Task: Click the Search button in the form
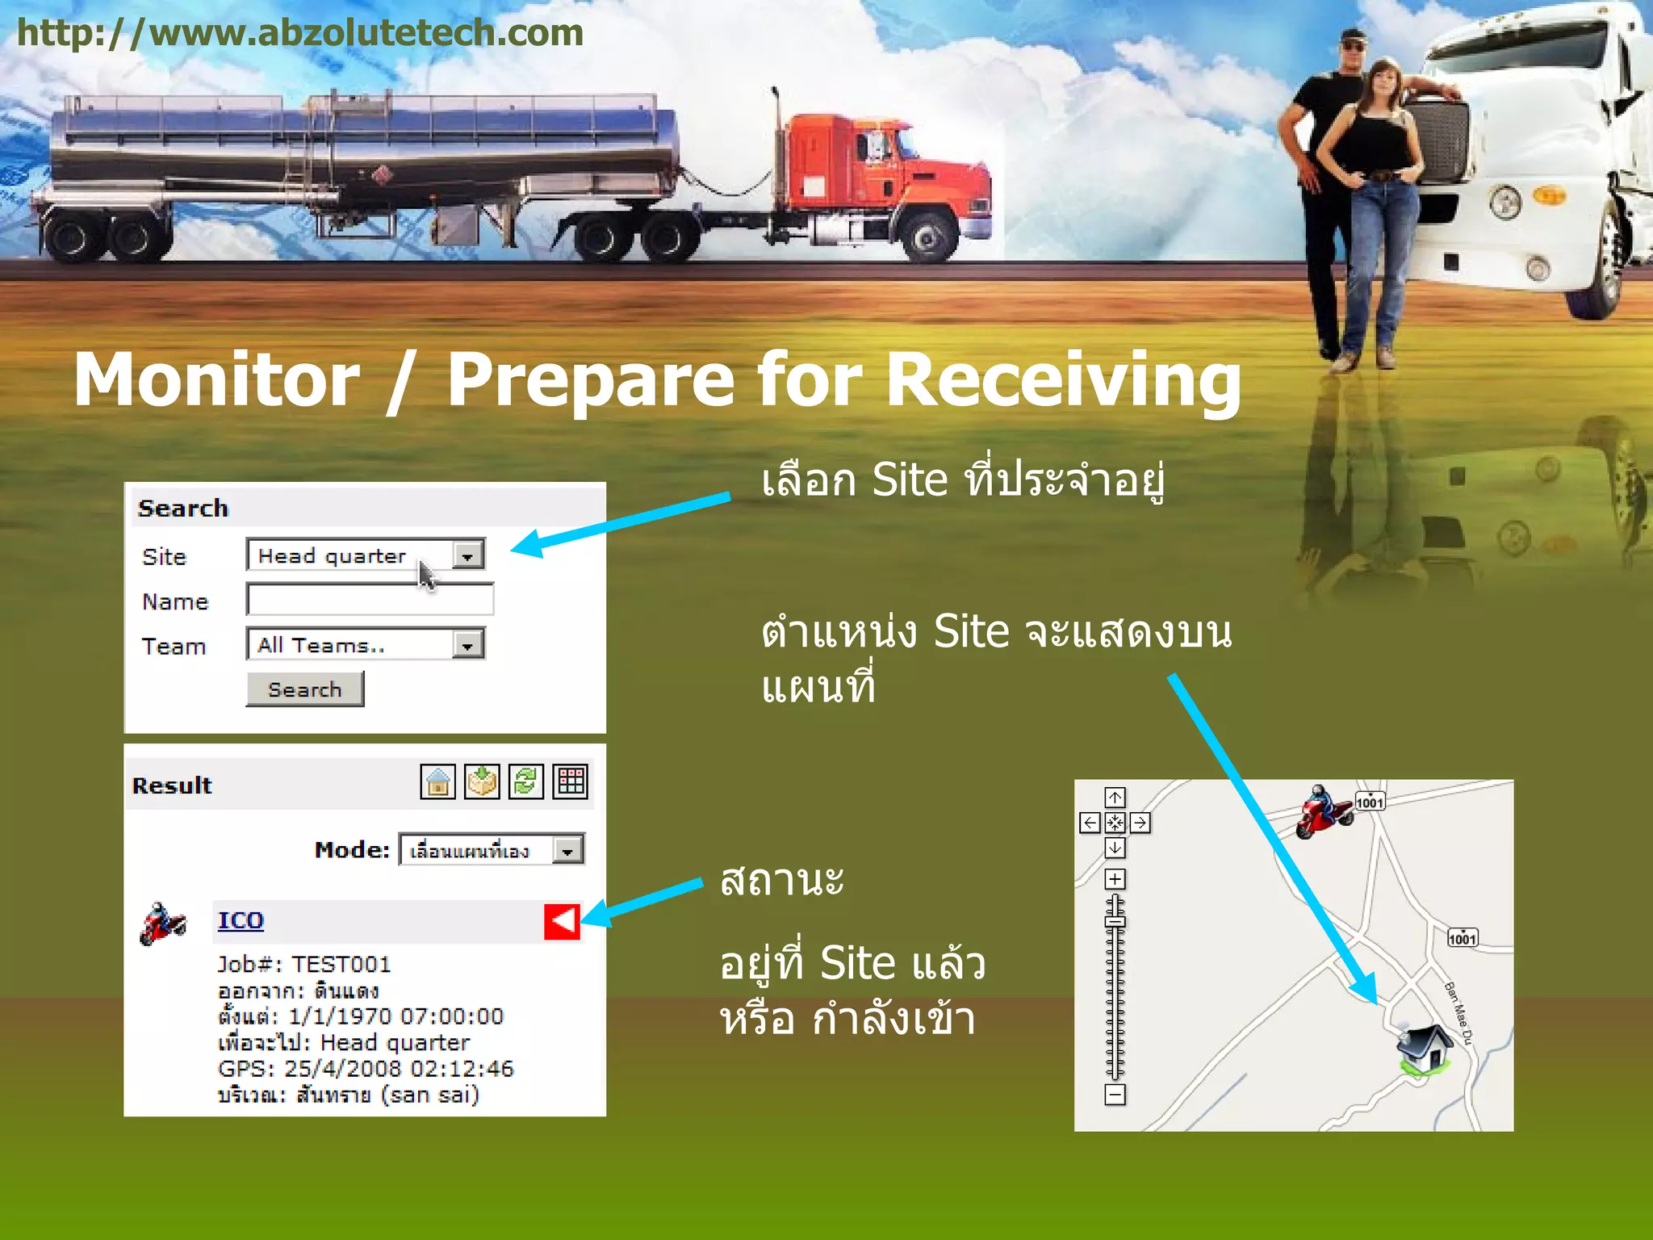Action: [304, 689]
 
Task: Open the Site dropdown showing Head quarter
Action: [366, 555]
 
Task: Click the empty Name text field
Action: [370, 600]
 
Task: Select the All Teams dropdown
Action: [366, 644]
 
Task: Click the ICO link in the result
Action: [241, 920]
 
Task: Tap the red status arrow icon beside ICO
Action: [563, 921]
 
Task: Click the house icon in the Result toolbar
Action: [438, 781]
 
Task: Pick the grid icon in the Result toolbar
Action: [571, 781]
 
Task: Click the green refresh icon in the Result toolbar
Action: [526, 781]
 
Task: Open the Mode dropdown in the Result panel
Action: [492, 850]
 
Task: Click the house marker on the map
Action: [1425, 1049]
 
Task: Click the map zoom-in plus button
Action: [1115, 879]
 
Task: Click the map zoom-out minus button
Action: [1115, 1095]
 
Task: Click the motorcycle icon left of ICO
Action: [163, 924]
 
